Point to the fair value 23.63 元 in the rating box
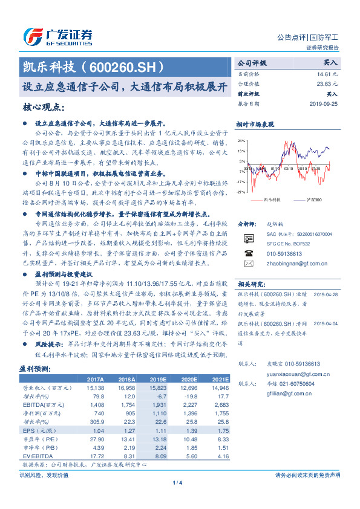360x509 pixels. (327, 84)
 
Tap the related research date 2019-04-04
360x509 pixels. (325, 324)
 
